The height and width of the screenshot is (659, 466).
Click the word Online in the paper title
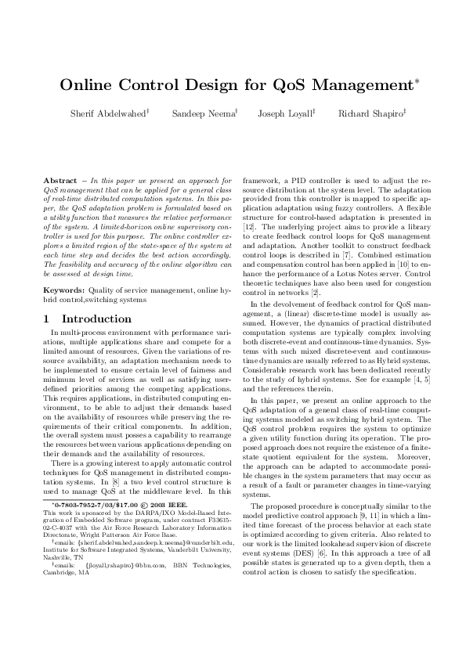pyautogui.click(x=88, y=84)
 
